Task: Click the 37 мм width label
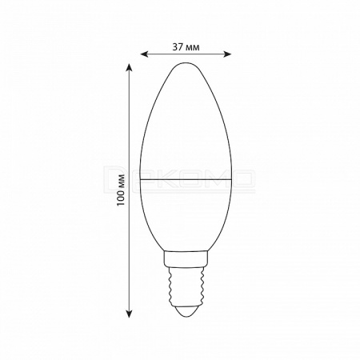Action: pyautogui.click(x=186, y=47)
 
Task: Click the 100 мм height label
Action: pyautogui.click(x=122, y=190)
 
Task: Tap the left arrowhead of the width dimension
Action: pyautogui.click(x=144, y=54)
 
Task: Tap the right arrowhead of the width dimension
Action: pyautogui.click(x=227, y=54)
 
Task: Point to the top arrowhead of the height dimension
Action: pyautogui.click(x=130, y=67)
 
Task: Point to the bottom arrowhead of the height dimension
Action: pyautogui.click(x=130, y=314)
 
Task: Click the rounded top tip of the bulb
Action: pyautogui.click(x=186, y=63)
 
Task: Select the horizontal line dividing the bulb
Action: pyautogui.click(x=186, y=179)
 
